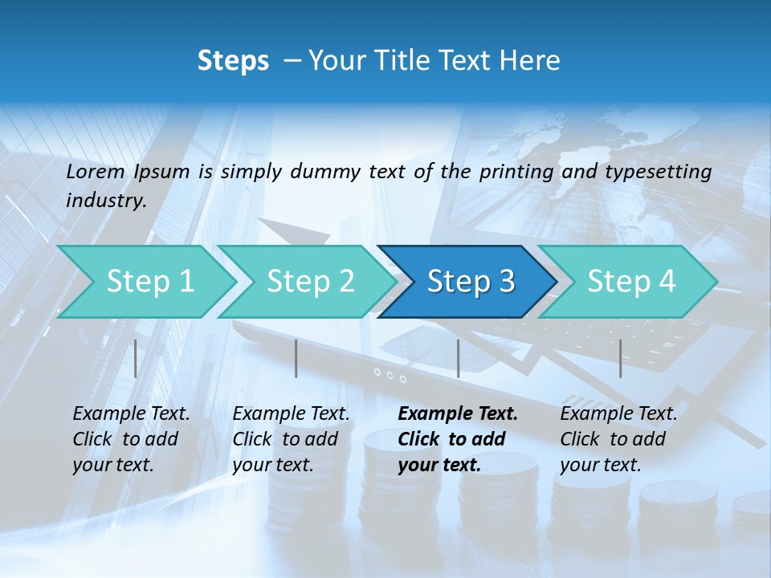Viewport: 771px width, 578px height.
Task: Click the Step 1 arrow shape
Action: point(149,282)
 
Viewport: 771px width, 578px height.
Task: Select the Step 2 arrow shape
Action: point(310,282)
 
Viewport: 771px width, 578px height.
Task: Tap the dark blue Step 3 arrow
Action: point(470,282)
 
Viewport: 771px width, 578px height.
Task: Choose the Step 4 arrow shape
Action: point(630,282)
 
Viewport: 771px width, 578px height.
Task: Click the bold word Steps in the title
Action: point(233,60)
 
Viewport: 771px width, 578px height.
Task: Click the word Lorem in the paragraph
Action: point(96,171)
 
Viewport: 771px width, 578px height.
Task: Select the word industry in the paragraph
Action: point(105,201)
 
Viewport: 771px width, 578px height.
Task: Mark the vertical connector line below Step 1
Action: point(136,358)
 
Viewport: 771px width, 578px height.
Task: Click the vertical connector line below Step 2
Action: point(296,358)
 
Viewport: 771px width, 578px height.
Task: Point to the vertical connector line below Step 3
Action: point(458,358)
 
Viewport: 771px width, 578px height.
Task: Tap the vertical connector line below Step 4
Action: point(620,358)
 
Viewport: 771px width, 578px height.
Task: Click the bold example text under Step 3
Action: point(456,439)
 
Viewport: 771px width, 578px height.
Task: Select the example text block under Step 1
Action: point(130,439)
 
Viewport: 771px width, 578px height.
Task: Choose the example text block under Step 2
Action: point(290,439)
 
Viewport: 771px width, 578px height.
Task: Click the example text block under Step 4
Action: point(618,439)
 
